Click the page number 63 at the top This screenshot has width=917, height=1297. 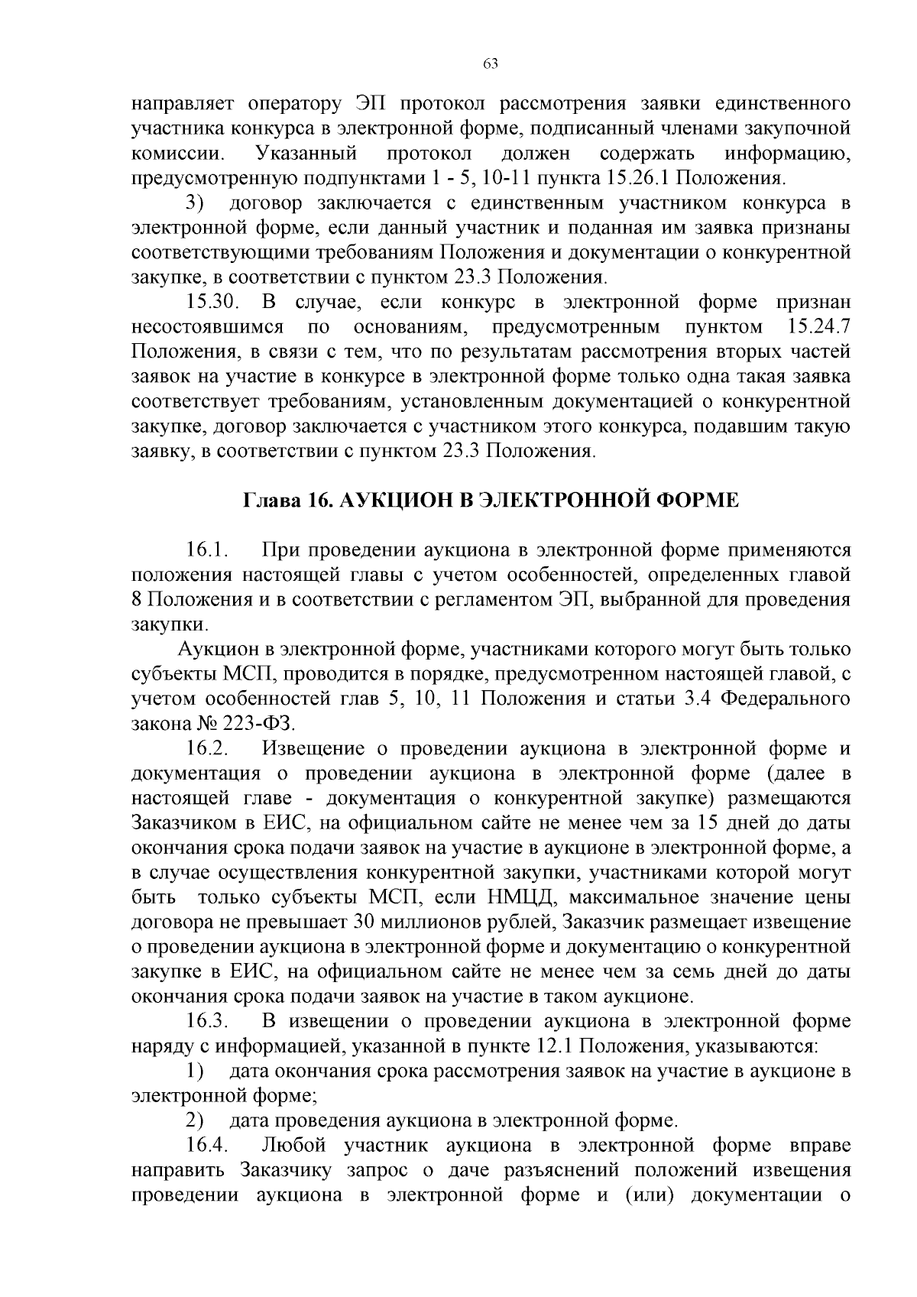coord(491,64)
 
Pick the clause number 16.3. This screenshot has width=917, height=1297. coord(206,1021)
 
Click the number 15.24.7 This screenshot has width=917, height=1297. coord(818,328)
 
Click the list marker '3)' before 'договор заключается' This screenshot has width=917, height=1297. coord(195,203)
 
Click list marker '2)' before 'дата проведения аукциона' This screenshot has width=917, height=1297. coord(195,1120)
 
